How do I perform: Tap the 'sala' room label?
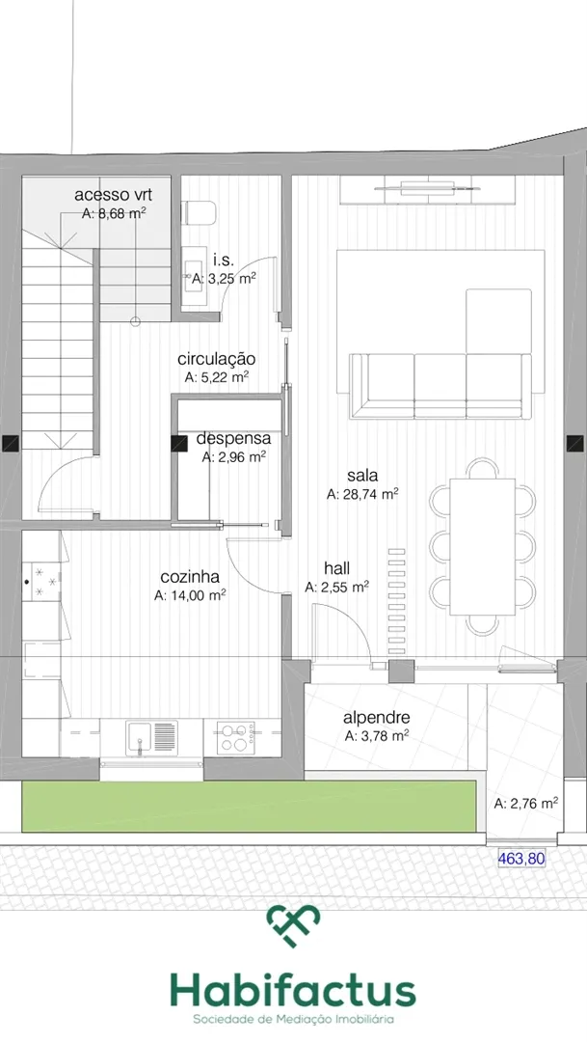[362, 475]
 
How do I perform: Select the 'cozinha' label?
[190, 577]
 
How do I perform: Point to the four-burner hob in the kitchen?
[236, 738]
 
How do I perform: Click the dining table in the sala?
[483, 547]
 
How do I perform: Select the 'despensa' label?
[233, 439]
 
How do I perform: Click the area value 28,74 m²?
[362, 494]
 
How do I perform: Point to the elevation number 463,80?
[521, 859]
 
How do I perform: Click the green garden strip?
[249, 806]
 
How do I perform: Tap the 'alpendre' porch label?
[377, 718]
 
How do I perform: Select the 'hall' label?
[336, 568]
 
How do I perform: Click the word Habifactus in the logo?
[293, 991]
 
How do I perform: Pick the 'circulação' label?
[217, 359]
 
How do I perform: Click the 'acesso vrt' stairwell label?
[113, 195]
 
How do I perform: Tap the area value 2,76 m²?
[526, 803]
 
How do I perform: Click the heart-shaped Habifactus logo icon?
[293, 923]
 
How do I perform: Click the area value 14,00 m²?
[190, 595]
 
